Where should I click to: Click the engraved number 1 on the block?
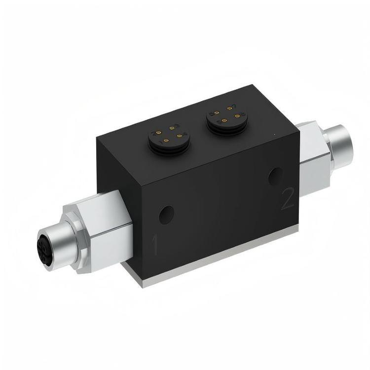coord(154,245)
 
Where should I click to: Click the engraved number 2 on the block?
coord(288,198)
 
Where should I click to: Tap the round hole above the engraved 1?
coord(166,215)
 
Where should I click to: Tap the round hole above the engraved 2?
coord(276,177)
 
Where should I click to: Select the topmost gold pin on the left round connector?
coord(172,128)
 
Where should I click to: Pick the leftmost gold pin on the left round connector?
coord(159,133)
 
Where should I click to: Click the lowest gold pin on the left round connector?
coord(167,141)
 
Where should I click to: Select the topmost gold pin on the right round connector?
coord(230,109)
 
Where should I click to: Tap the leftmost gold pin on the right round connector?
coord(217,113)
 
